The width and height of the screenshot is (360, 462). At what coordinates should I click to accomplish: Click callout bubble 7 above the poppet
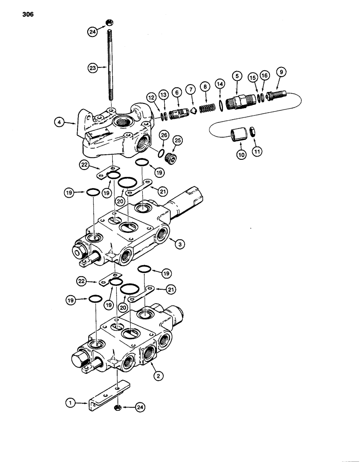(190, 89)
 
